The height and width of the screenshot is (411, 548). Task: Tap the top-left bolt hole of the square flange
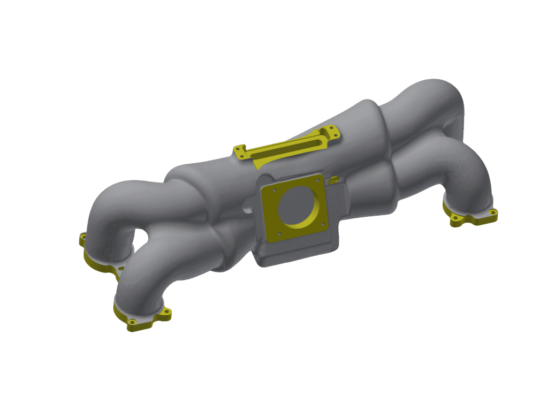click(x=274, y=189)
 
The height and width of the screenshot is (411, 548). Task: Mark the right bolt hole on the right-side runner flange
click(x=492, y=212)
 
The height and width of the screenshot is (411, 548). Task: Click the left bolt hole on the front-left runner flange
click(x=132, y=322)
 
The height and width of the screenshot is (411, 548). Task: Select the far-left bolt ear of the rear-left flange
click(x=82, y=237)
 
